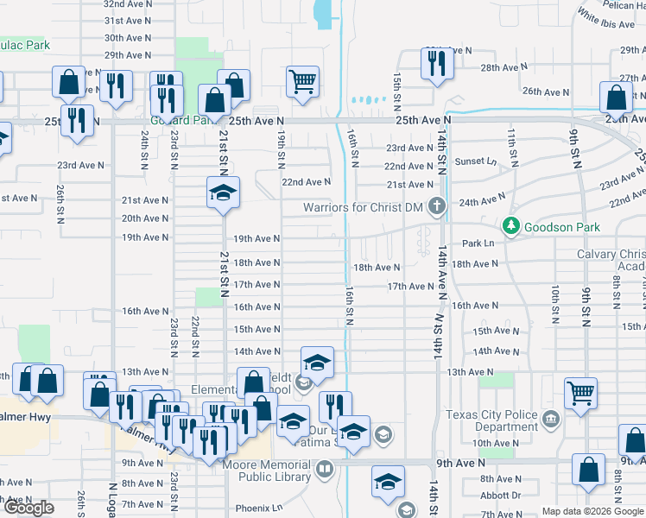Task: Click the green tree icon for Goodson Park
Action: (x=511, y=226)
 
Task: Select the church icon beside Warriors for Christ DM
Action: (x=437, y=206)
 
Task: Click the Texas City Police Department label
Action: (x=493, y=420)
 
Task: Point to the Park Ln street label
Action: (x=477, y=243)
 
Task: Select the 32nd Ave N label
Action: (x=127, y=3)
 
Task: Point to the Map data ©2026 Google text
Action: (x=592, y=512)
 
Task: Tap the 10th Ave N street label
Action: (x=494, y=444)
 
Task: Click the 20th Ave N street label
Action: (x=144, y=218)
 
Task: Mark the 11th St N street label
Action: (x=512, y=139)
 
